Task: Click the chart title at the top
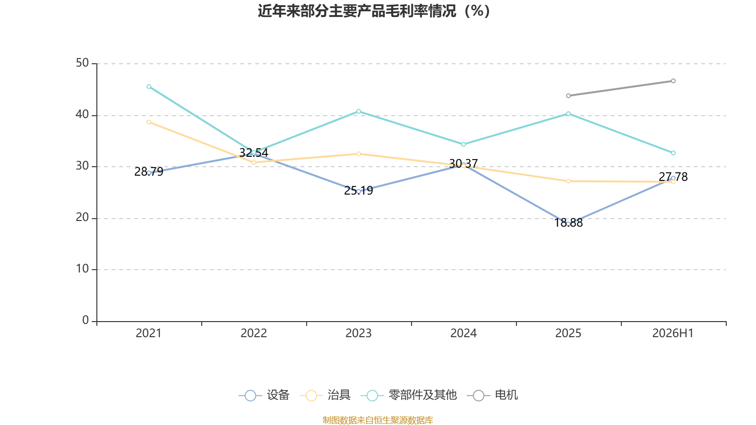[374, 11]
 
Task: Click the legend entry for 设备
[264, 395]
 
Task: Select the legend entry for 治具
[325, 395]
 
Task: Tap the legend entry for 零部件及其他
[409, 395]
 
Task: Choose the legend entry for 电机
[492, 395]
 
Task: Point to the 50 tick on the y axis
[82, 63]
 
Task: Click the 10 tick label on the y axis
[82, 269]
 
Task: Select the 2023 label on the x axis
[359, 333]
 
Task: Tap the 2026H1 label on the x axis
[673, 333]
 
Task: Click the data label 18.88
[568, 223]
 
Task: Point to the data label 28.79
[148, 172]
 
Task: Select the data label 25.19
[359, 191]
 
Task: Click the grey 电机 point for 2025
[568, 96]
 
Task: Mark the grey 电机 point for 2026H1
[673, 81]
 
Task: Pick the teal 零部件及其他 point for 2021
[149, 87]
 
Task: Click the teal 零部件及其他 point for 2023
[359, 111]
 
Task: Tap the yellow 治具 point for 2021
[149, 122]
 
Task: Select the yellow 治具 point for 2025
[568, 181]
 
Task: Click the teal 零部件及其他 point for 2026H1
[673, 153]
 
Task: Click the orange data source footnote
[378, 420]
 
